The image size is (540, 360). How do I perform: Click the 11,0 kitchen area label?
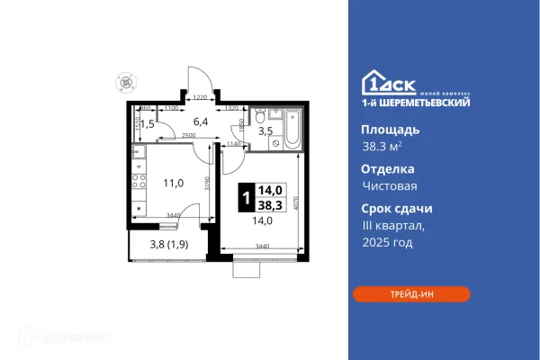tap(172, 181)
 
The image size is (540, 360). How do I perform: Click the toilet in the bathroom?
tap(259, 114)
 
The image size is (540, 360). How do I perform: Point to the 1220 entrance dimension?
tap(201, 97)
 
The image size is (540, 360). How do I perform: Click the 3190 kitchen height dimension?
tap(207, 186)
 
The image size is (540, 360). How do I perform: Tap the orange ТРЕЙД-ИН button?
tap(411, 293)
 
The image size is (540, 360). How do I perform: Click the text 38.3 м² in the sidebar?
tap(382, 147)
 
